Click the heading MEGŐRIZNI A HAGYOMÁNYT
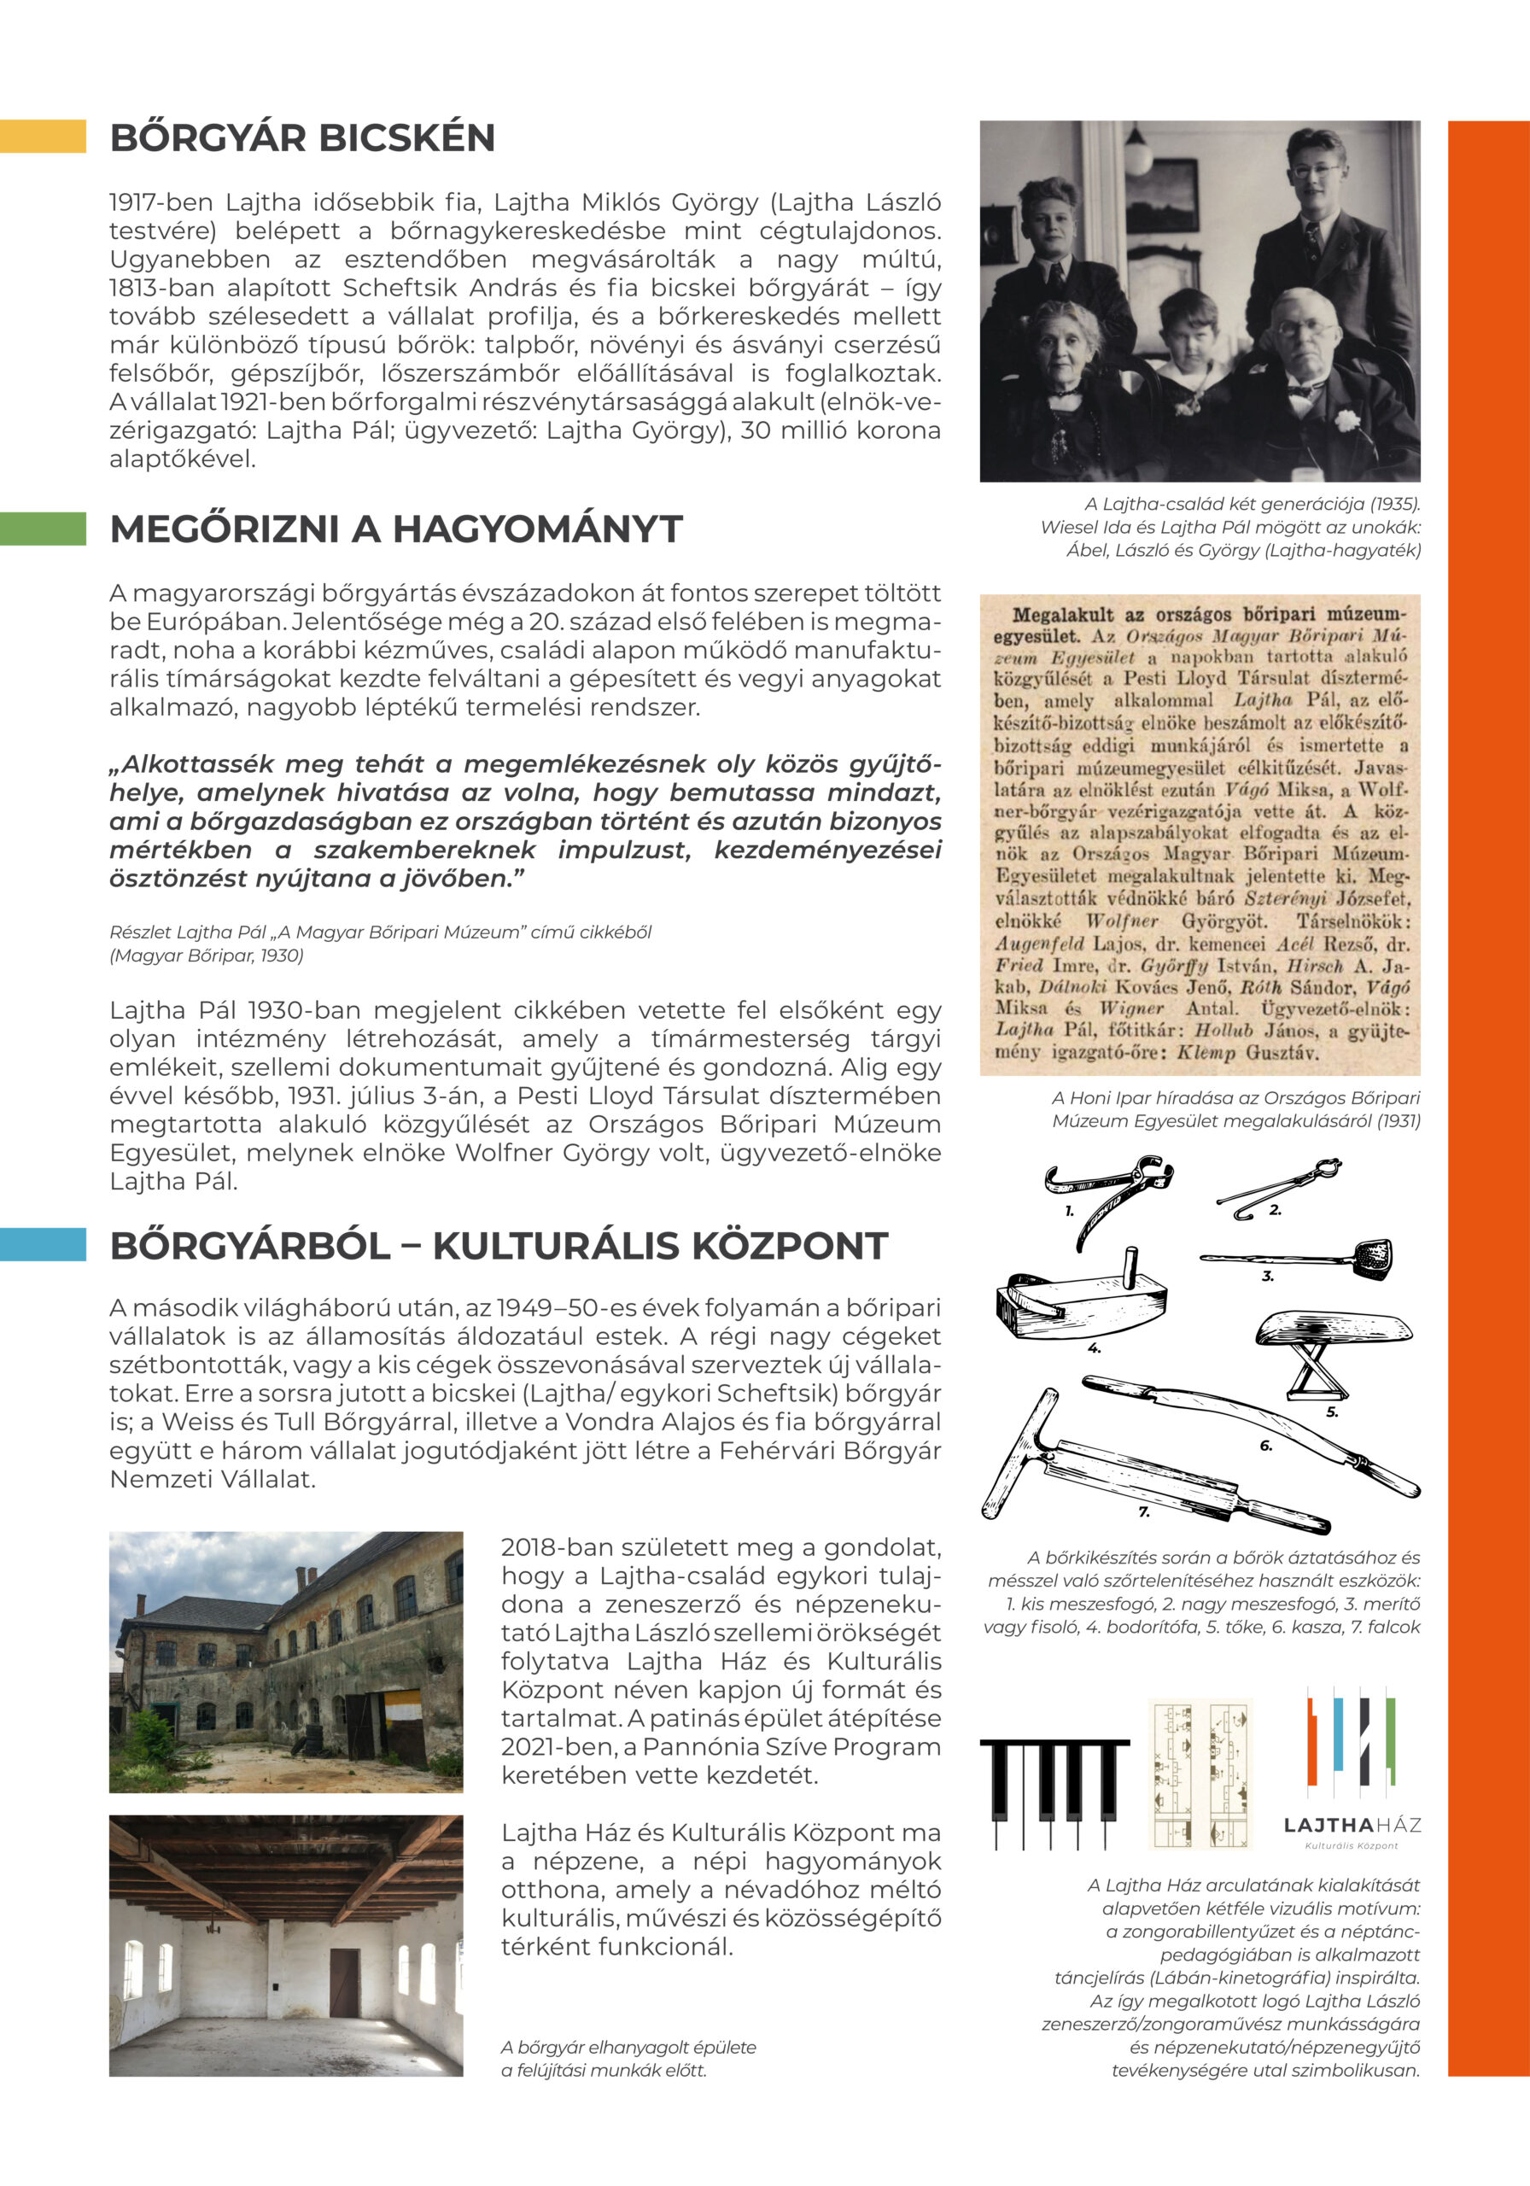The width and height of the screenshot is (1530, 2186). click(396, 529)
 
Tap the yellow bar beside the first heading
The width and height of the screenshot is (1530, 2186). click(43, 136)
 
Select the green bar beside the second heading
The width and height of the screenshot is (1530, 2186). click(43, 529)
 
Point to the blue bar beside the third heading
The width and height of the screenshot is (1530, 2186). click(43, 1244)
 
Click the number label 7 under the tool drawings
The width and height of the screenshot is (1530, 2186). click(1143, 1512)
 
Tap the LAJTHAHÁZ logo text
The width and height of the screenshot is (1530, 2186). click(1352, 1825)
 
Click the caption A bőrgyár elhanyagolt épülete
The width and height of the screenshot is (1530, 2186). click(628, 2047)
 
